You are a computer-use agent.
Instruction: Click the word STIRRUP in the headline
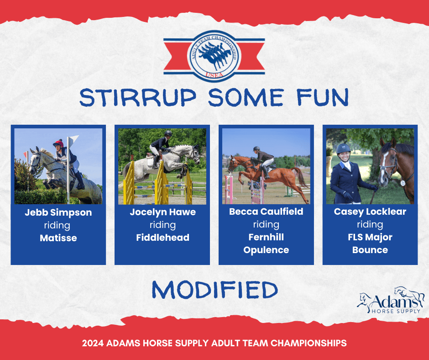pos(138,97)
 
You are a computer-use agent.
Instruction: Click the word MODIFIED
pos(215,290)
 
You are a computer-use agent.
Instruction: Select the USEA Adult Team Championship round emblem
pos(214,56)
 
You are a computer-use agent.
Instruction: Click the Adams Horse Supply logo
pos(391,300)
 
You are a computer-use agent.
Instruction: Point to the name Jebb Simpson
pos(58,212)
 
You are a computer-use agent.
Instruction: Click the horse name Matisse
pos(58,238)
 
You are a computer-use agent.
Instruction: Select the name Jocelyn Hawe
pos(162,212)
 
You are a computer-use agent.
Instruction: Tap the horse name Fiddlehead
pos(162,237)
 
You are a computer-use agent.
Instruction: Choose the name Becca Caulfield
pos(266,212)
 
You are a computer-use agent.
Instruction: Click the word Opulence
pos(266,250)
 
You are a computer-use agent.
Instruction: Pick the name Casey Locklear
pos(370,212)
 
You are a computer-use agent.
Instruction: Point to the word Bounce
pos(370,250)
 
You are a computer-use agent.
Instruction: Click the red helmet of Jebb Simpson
pos(58,143)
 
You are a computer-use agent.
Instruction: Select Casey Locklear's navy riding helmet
pos(343,148)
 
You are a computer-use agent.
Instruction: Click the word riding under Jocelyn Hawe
pos(162,225)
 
